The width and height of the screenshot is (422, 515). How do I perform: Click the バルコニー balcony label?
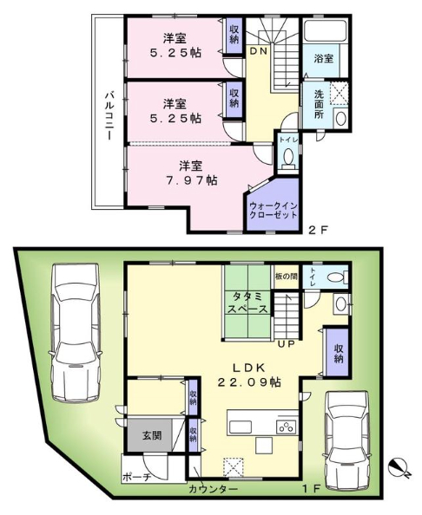[x=109, y=116]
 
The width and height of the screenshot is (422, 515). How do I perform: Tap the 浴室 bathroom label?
[x=323, y=59]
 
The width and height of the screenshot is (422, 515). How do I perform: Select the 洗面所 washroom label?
[x=319, y=104]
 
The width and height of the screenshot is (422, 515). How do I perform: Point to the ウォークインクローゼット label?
[x=274, y=211]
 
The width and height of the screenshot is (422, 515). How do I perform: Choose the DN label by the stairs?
[x=259, y=51]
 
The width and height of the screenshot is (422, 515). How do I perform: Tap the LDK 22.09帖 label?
[x=249, y=375]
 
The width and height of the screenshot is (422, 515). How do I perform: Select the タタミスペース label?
[x=247, y=303]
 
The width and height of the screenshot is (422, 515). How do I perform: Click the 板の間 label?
[x=287, y=277]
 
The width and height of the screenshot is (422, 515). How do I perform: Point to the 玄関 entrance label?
[x=152, y=435]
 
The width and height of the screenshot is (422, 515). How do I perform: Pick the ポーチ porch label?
[x=136, y=477]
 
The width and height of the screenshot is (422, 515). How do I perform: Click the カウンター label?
[x=213, y=490]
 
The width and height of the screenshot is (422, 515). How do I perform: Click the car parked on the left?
[x=76, y=333]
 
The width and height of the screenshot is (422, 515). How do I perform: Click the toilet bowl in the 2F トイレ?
[x=288, y=158]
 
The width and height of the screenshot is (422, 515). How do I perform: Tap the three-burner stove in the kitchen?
[x=287, y=427]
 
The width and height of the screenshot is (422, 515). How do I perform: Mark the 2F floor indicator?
[x=318, y=230]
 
